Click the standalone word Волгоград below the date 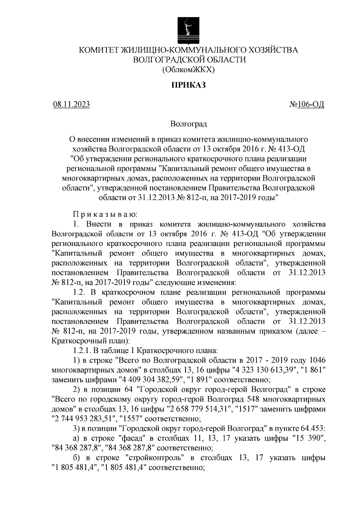coord(188,124)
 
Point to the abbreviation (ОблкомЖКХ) coord(189,70)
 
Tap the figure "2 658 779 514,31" coord(199,409)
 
